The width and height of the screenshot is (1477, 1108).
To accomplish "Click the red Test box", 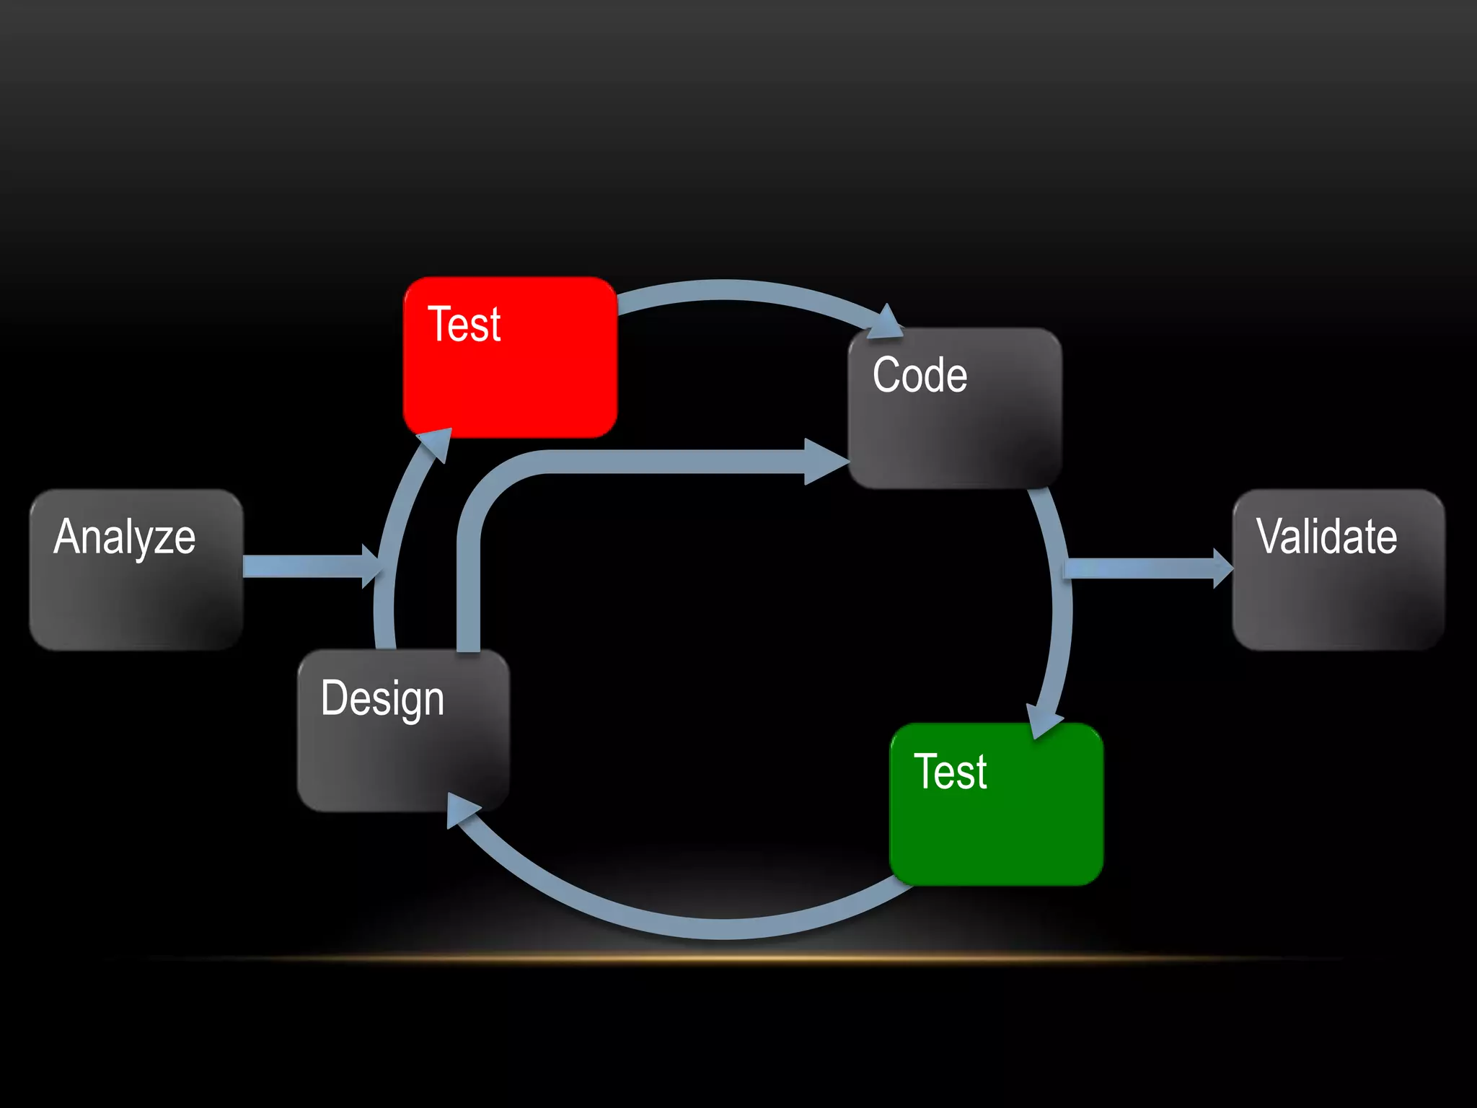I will (x=510, y=357).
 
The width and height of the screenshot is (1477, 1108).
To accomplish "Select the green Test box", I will (x=997, y=804).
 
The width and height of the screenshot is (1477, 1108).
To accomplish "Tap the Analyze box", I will (x=136, y=570).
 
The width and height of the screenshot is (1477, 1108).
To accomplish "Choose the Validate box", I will (x=1339, y=570).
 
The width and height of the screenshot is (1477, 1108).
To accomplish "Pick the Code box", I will (x=955, y=408).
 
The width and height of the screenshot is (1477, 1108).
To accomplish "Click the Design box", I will (x=403, y=730).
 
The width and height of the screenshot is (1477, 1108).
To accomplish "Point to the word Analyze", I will (x=124, y=537).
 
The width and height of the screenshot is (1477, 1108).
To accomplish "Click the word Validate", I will (x=1326, y=537).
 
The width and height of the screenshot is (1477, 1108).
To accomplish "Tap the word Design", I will (x=382, y=698).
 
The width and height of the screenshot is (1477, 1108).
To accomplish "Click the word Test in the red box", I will (x=464, y=324).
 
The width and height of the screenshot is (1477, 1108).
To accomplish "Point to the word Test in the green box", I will (x=950, y=772).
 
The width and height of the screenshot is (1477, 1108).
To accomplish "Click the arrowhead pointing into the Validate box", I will (x=1222, y=568).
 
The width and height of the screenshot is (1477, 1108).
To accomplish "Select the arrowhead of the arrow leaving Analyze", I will (x=371, y=566).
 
